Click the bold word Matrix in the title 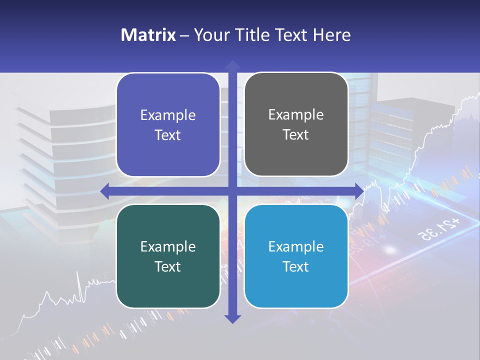tap(148, 35)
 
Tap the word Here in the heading tap(332, 35)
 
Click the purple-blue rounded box tap(168, 125)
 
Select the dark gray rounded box tap(296, 124)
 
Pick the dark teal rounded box tap(168, 256)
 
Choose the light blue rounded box tap(296, 256)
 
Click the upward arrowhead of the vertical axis tap(232, 65)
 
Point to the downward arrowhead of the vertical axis tap(232, 318)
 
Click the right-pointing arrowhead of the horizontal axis tap(359, 191)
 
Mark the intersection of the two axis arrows tap(232, 191)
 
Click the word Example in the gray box tap(296, 114)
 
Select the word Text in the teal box tap(168, 266)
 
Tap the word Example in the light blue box tap(296, 246)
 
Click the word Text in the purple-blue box tap(168, 135)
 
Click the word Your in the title tap(211, 35)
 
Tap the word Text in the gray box tap(296, 135)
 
